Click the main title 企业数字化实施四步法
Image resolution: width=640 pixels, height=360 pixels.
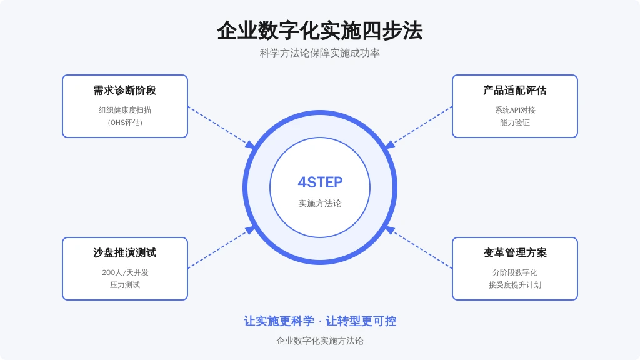pos(319,31)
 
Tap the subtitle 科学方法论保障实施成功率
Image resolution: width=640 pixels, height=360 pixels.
pos(319,53)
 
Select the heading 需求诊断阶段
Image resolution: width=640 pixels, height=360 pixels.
pos(125,90)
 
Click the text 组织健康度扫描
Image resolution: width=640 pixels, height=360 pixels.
pos(125,110)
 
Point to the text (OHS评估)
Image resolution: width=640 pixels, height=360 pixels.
pos(125,122)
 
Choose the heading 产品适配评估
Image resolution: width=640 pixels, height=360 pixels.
pos(515,90)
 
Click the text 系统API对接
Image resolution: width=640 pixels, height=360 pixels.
pos(515,110)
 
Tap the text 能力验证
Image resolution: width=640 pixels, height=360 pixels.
pos(515,122)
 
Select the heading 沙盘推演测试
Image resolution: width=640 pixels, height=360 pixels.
pos(125,252)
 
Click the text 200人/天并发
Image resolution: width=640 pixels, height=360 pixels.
pos(125,272)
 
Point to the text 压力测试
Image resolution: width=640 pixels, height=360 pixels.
pos(125,285)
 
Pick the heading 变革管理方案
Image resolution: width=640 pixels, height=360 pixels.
pos(515,252)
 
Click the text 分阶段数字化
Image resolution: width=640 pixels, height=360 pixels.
pos(515,272)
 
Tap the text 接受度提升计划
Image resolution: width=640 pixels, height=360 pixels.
pos(515,285)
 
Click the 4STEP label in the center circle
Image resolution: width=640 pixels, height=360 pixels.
pos(320,182)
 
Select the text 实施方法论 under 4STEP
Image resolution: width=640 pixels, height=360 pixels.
pos(320,203)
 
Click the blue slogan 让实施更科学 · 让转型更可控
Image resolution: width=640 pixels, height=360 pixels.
pos(320,321)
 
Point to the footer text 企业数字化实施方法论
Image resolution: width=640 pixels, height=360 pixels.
pos(320,341)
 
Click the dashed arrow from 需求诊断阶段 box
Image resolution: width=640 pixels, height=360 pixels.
pos(222,127)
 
